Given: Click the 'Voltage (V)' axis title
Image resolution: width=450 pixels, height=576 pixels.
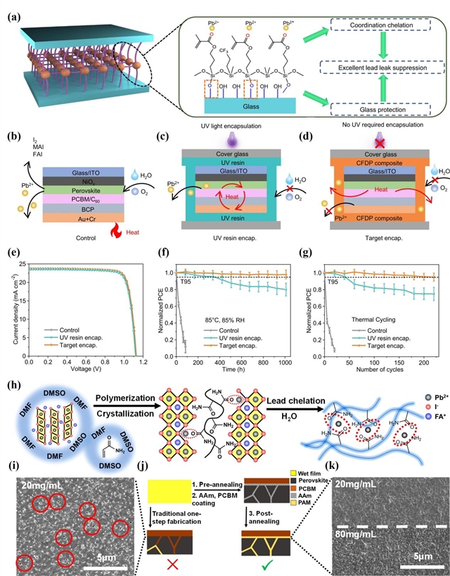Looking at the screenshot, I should click(84, 369).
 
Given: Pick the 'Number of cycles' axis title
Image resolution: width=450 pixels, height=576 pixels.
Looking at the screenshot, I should click(373, 369).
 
